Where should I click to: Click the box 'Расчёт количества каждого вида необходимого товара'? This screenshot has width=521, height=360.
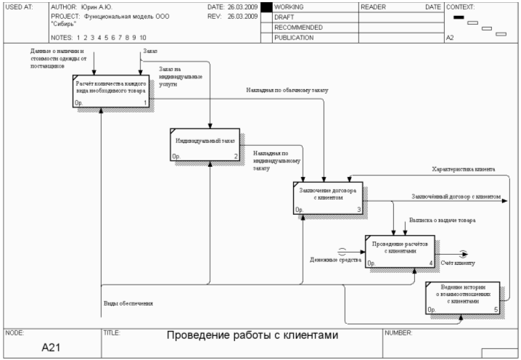[111, 91]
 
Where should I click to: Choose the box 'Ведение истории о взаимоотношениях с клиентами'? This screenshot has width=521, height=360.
[463, 297]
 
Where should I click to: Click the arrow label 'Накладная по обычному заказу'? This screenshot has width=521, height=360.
[287, 91]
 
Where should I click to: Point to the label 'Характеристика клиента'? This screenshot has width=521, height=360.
[463, 169]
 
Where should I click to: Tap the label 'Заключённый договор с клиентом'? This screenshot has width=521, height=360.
[456, 197]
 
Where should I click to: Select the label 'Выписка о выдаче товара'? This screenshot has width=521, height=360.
[442, 219]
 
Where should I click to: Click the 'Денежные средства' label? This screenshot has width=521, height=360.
[335, 259]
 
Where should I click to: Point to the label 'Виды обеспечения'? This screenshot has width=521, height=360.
[128, 303]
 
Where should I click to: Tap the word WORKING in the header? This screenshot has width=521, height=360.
[289, 7]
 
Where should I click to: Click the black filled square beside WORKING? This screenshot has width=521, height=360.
[266, 7]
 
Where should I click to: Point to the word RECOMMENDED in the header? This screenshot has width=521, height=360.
[298, 27]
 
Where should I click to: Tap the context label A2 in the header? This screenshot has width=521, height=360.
[450, 37]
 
